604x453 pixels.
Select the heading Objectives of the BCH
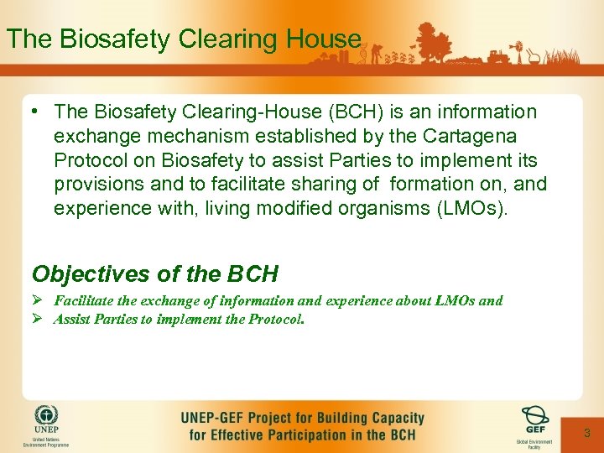[x=155, y=274]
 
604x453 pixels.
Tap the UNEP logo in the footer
[x=46, y=417]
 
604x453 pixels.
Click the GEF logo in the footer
[x=534, y=417]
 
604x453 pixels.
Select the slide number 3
[x=587, y=433]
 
